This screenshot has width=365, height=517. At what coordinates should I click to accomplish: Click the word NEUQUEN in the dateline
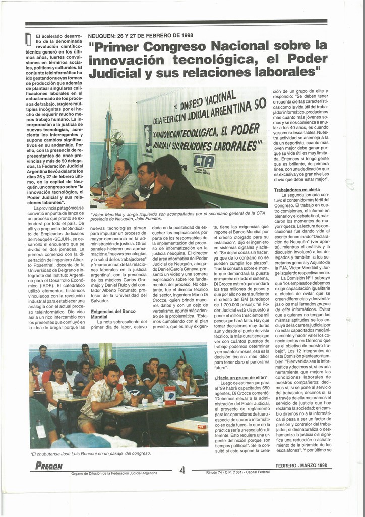(102, 36)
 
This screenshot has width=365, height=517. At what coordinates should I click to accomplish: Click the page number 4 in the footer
(182, 470)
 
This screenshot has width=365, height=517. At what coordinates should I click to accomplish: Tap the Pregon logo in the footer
(49, 466)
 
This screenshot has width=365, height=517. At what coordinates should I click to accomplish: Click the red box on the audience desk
(170, 394)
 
